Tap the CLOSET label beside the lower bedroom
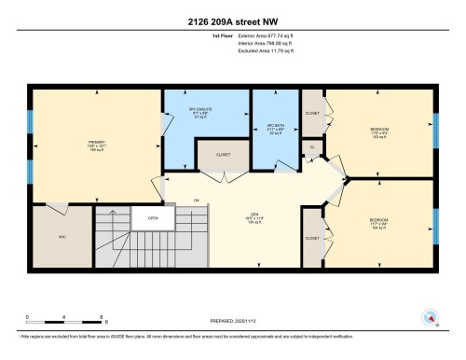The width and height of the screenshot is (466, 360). [x=312, y=238]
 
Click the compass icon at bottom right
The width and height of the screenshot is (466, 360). [x=430, y=315]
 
